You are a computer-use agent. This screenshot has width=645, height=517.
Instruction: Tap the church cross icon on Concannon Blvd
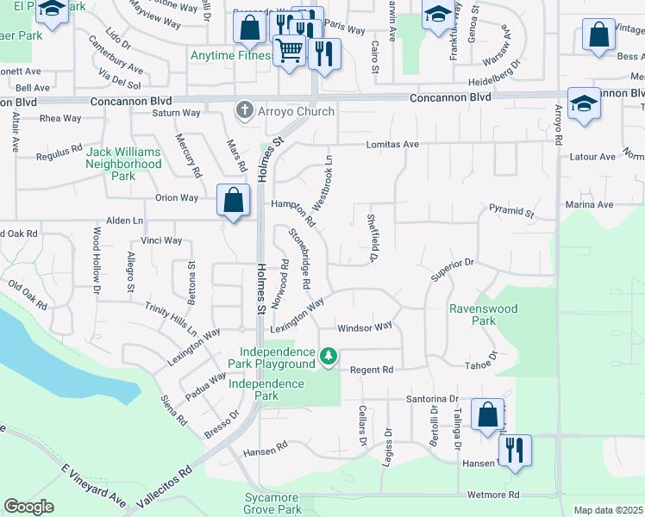coord(245,110)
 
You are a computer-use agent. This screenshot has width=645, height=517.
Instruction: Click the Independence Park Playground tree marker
coord(328,356)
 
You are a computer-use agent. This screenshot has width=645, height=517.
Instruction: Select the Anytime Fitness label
coord(231,57)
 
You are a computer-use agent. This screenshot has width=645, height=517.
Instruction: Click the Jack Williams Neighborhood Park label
coord(123,164)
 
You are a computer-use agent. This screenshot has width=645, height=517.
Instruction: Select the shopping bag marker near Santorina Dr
coord(487,414)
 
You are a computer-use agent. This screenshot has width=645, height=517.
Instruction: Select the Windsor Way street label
coord(365,327)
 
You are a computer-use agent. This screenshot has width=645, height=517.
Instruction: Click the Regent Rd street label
coord(372,370)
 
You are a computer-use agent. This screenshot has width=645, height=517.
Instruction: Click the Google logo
coord(28,507)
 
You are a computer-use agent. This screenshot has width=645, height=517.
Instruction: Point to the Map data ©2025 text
coord(608,510)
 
